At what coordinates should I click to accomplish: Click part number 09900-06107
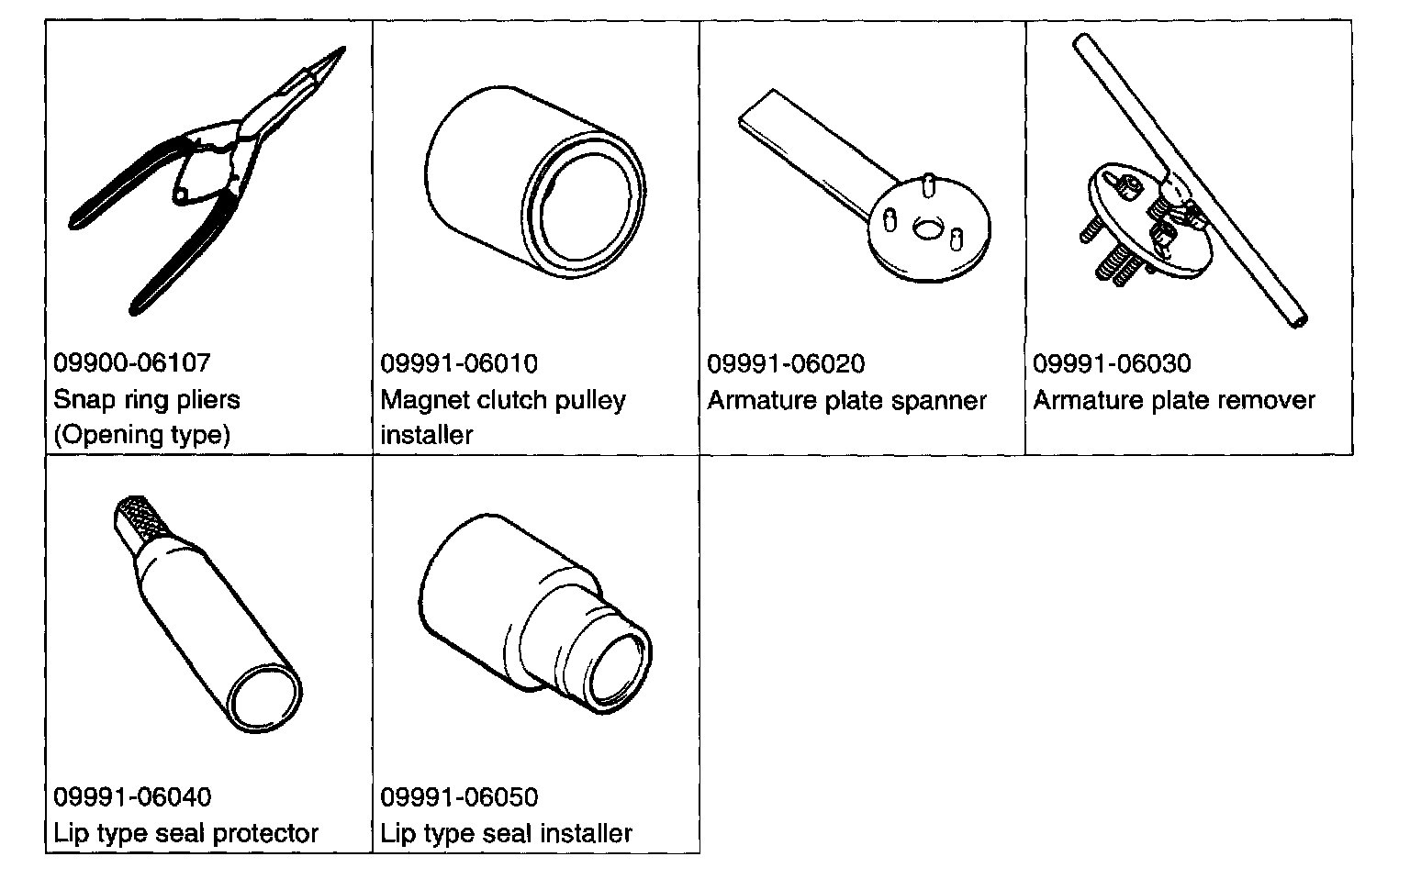pos(131,363)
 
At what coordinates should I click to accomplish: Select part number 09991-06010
pos(459,364)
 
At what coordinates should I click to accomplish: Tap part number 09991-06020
pos(786,364)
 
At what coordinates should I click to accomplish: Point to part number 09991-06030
pos(1112,364)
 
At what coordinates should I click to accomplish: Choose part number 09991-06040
pos(131,797)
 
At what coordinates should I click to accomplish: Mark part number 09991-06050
pos(459,797)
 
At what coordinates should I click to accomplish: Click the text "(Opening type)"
pos(141,434)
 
